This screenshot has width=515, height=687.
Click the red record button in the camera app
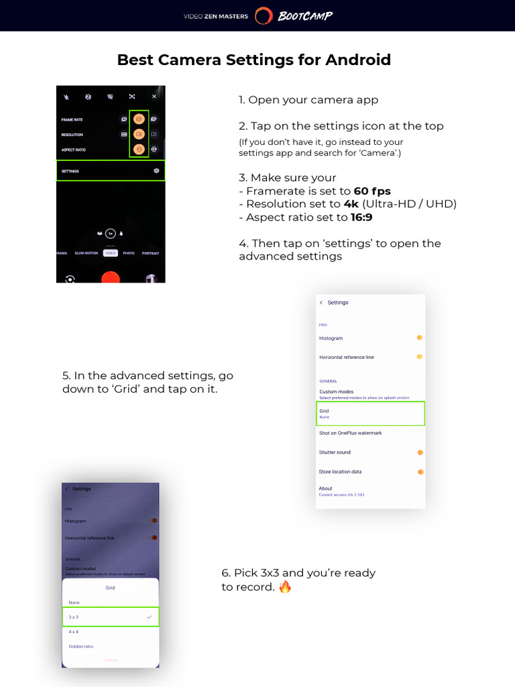tap(111, 277)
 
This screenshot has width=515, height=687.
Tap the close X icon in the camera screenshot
tap(154, 97)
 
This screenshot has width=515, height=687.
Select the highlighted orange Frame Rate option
tap(139, 119)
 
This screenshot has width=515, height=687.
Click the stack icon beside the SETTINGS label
tap(156, 171)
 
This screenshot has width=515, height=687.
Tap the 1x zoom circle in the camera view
tap(111, 233)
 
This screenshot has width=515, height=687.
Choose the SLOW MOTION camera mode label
tap(86, 253)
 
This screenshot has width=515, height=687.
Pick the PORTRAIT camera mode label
tap(151, 253)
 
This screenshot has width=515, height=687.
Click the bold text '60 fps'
tap(372, 191)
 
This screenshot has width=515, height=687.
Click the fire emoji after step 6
tap(285, 587)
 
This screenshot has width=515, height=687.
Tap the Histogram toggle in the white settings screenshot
tap(419, 337)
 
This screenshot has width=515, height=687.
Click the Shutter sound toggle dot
tap(420, 452)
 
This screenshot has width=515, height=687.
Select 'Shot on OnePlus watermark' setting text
tap(350, 433)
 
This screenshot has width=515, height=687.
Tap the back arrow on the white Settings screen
tap(321, 303)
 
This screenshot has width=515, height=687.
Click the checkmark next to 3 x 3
tap(149, 617)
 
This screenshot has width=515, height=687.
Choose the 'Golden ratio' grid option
tap(81, 647)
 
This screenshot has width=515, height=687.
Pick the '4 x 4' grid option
tap(74, 632)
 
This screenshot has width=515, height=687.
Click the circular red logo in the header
tap(264, 16)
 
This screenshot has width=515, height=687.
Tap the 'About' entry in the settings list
tap(326, 488)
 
